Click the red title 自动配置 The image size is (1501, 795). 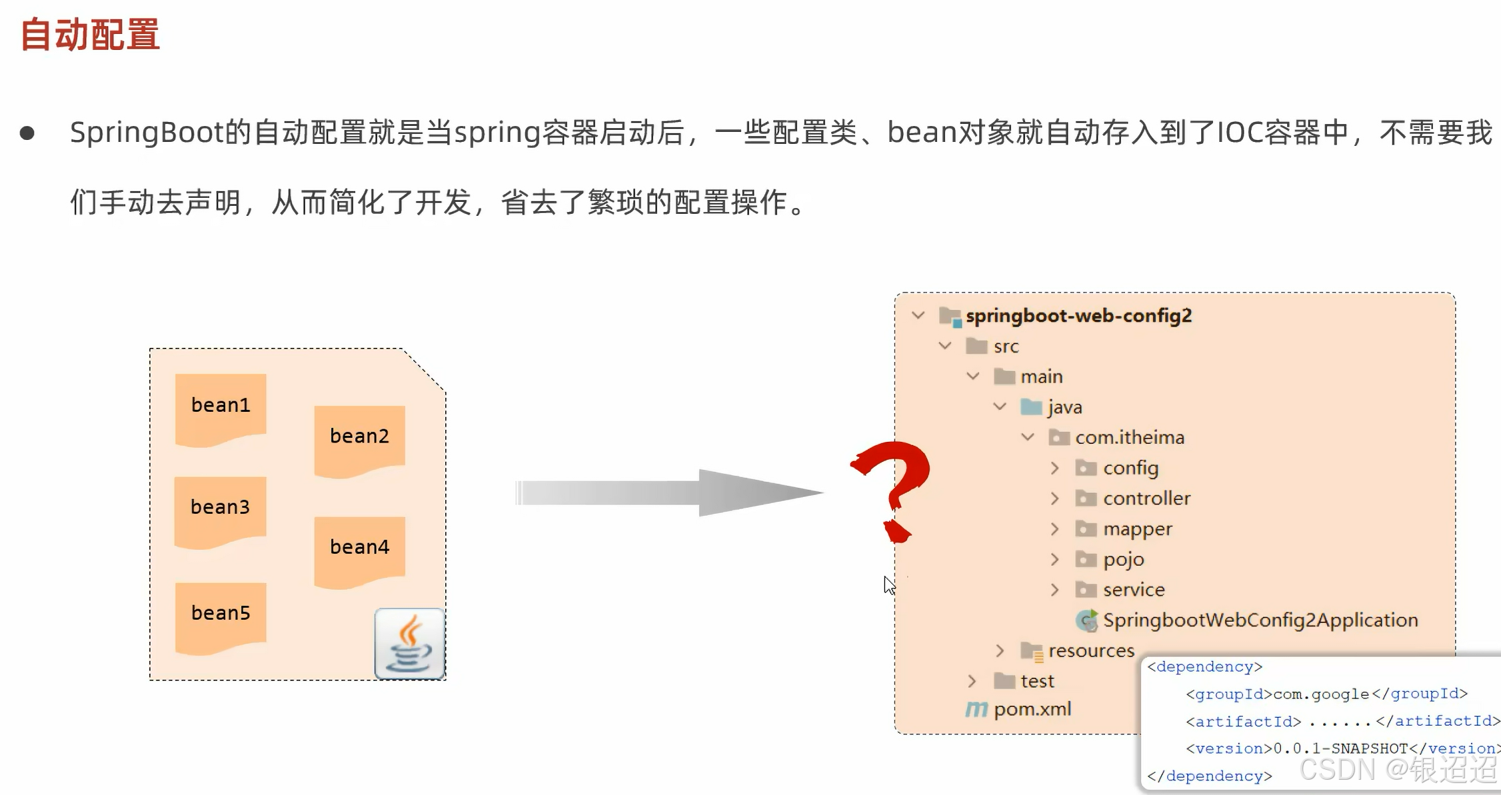(90, 35)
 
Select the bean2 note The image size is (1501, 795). (359, 437)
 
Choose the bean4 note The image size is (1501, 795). (359, 548)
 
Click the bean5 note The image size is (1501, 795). (221, 614)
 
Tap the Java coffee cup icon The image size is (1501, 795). (409, 644)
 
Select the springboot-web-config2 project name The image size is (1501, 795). (1078, 316)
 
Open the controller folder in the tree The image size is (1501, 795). (1146, 498)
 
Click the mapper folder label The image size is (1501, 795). (1137, 529)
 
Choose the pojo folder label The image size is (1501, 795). (1123, 560)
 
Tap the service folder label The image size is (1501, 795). (1133, 590)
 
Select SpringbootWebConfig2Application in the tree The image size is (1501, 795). (1260, 620)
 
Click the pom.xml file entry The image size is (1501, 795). (1032, 709)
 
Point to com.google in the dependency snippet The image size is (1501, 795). (1321, 694)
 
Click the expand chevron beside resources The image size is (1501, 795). (999, 650)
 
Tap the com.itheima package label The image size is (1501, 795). (1129, 438)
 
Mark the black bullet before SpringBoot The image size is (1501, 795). (27, 133)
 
